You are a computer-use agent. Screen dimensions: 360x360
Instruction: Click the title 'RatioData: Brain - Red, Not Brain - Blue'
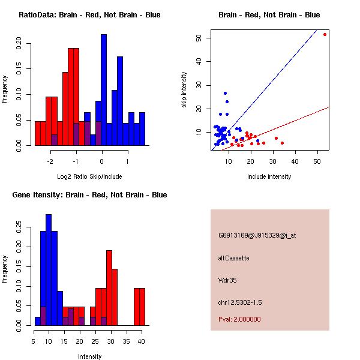tap(89, 15)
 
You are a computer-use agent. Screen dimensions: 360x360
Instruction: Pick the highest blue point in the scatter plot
tap(225, 93)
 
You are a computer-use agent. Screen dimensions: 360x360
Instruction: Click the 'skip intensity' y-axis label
tap(184, 90)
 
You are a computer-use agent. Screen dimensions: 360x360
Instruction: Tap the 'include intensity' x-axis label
tap(269, 176)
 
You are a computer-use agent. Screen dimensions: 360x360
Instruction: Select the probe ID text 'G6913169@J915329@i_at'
tap(257, 235)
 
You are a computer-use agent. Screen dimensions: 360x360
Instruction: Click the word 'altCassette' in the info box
tap(233, 258)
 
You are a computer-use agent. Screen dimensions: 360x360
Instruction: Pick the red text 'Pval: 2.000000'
tap(239, 319)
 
